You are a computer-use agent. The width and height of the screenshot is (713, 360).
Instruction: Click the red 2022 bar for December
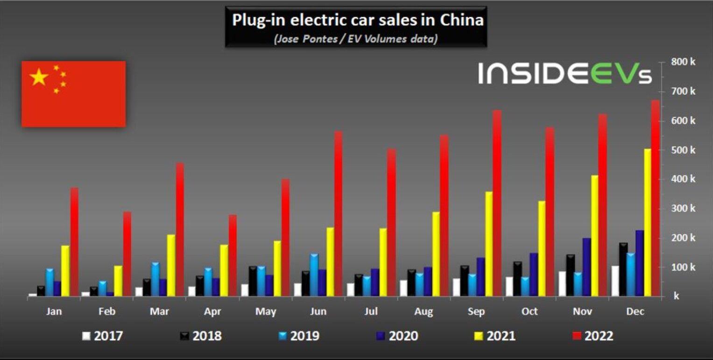pos(655,198)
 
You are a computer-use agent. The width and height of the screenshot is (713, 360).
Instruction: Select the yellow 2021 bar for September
pos(488,244)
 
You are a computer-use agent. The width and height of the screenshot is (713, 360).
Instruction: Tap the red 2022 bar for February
pos(127,254)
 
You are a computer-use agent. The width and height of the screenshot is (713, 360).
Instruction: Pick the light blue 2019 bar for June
pos(314,275)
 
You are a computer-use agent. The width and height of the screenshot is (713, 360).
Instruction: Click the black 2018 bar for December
pos(623,269)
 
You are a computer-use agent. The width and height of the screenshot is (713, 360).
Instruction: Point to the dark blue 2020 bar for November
pos(586,267)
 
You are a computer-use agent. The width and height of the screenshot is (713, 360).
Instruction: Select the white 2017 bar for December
pos(615,281)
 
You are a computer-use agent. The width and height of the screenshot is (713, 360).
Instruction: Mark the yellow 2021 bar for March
pos(171,266)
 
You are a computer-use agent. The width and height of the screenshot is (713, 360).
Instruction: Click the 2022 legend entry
pos(593,336)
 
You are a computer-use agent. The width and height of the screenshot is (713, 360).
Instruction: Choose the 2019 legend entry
pos(299,336)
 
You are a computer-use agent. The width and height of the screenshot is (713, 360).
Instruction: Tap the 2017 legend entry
pos(103,336)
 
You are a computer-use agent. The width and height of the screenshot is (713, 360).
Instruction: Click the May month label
pos(266,311)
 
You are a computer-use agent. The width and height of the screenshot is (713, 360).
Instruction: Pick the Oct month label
pos(529,311)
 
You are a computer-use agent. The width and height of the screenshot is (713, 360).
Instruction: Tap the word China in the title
pos(462,20)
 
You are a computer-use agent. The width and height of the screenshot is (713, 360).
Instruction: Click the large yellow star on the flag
pos(39,77)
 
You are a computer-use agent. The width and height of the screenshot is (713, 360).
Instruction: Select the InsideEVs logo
pos(565,73)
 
